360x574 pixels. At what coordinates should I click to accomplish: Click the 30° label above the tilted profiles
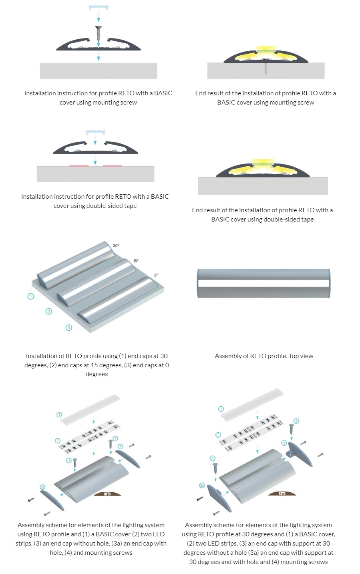(116, 246)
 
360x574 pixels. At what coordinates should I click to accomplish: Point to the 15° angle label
(136, 261)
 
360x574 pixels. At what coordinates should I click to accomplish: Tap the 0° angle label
(156, 275)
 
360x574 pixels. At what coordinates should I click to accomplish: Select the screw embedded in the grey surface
(265, 68)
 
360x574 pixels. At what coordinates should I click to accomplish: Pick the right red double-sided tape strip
(113, 165)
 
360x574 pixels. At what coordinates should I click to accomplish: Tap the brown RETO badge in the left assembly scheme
(107, 494)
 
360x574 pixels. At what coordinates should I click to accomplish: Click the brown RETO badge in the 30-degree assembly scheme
(282, 493)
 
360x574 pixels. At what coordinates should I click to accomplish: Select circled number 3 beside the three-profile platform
(69, 328)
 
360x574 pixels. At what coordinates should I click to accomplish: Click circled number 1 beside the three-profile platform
(30, 296)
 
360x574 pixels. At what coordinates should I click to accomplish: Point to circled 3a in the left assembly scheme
(43, 487)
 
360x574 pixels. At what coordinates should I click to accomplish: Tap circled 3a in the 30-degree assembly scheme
(202, 485)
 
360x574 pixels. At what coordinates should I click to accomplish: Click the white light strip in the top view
(263, 283)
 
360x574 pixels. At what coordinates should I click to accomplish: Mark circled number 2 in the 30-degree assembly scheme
(218, 435)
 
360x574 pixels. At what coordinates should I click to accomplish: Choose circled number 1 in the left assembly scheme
(59, 415)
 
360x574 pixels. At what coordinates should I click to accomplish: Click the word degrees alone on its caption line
(97, 374)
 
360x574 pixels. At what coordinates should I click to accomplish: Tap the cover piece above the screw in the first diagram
(99, 8)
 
